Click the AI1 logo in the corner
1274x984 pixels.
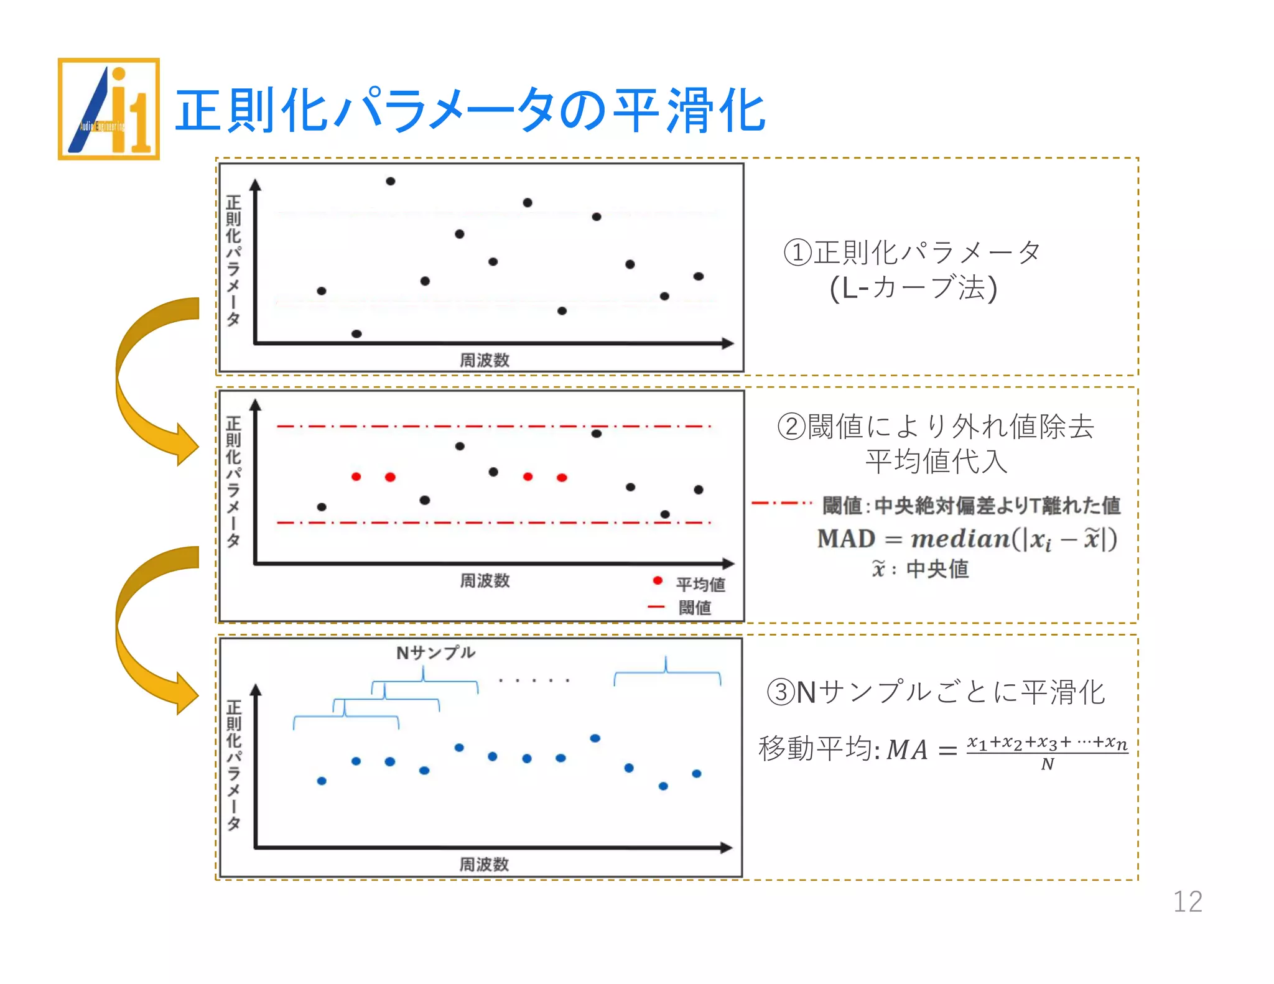tap(109, 109)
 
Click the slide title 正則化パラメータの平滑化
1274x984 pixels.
tap(470, 111)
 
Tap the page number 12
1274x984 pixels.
tap(1187, 901)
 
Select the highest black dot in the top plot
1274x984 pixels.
tap(391, 182)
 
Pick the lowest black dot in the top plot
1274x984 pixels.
tap(356, 334)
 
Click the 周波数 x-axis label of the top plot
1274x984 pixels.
tap(485, 360)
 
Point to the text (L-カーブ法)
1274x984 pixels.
tap(913, 288)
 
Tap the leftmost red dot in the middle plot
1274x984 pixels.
tap(356, 477)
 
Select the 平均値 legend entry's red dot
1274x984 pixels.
tap(658, 581)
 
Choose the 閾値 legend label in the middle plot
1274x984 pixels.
tap(695, 607)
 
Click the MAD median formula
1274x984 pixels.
tap(967, 539)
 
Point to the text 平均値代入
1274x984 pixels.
tap(936, 462)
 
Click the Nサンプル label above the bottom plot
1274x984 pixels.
tap(435, 652)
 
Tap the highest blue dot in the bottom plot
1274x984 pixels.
tap(595, 738)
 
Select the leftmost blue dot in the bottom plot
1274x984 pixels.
tap(322, 781)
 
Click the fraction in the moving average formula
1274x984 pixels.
tap(1048, 753)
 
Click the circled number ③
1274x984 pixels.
tap(781, 692)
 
